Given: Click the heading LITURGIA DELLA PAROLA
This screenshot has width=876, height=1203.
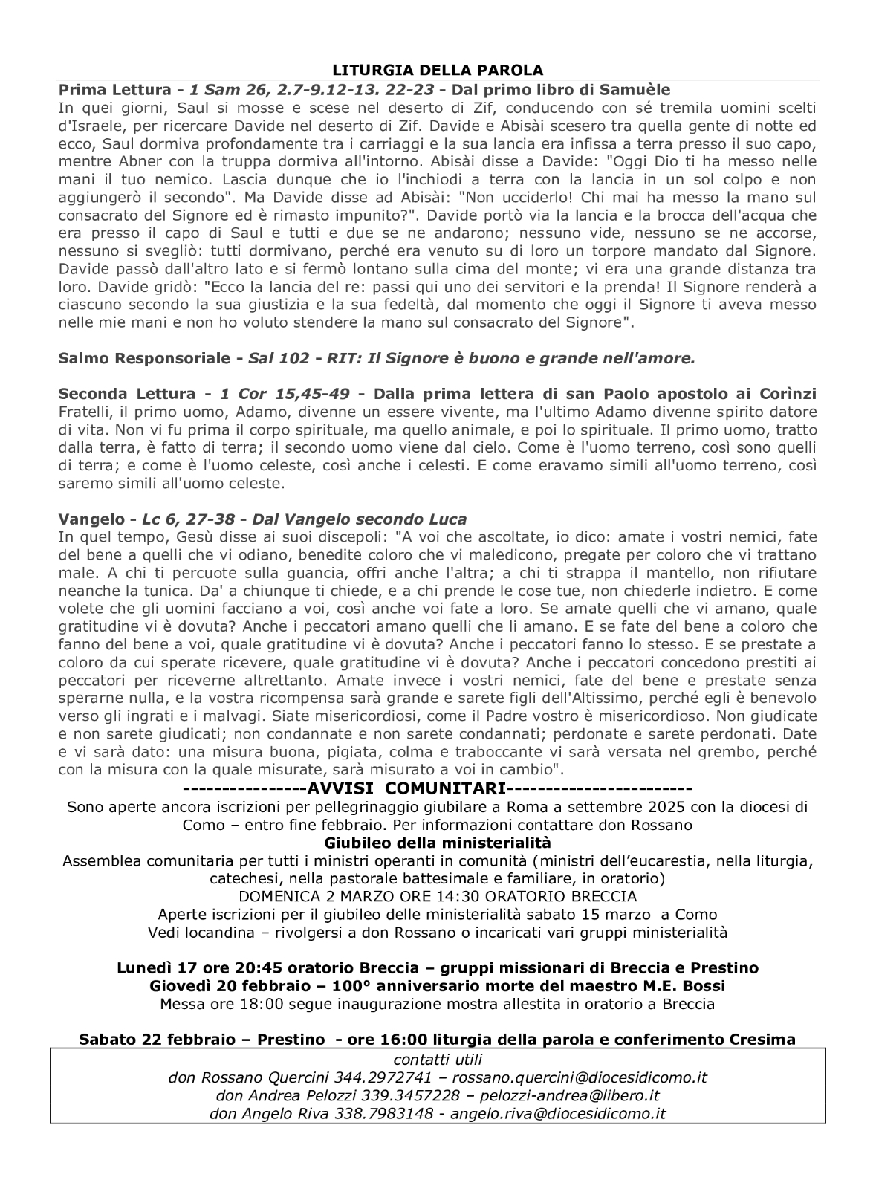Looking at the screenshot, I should click(x=438, y=70).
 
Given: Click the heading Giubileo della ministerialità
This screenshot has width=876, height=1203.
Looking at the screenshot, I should click(x=438, y=843).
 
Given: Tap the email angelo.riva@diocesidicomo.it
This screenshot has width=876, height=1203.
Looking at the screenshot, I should click(x=558, y=1113).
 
